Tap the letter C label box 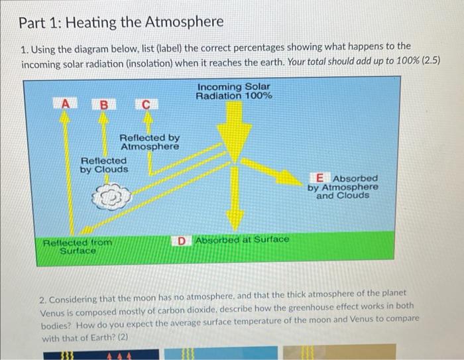tap(146, 103)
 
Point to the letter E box tap(321, 178)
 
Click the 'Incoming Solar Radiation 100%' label tap(234, 91)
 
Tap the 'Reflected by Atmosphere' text tap(150, 141)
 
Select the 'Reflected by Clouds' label tap(104, 165)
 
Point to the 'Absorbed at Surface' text tap(241, 239)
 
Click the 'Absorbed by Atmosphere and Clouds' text tap(343, 187)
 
